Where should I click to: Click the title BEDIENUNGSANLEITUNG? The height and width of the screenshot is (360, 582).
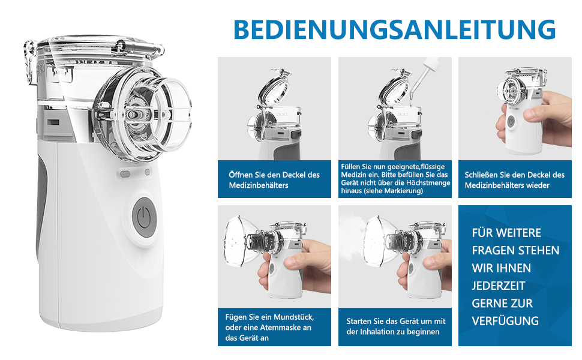395,29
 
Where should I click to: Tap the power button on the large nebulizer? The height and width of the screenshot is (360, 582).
143,217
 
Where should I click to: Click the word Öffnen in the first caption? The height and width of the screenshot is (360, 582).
241,175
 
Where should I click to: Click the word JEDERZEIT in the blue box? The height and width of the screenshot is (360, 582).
499,286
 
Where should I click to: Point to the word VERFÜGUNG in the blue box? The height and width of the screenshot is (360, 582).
505,320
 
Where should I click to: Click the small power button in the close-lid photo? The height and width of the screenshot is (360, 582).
511,121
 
